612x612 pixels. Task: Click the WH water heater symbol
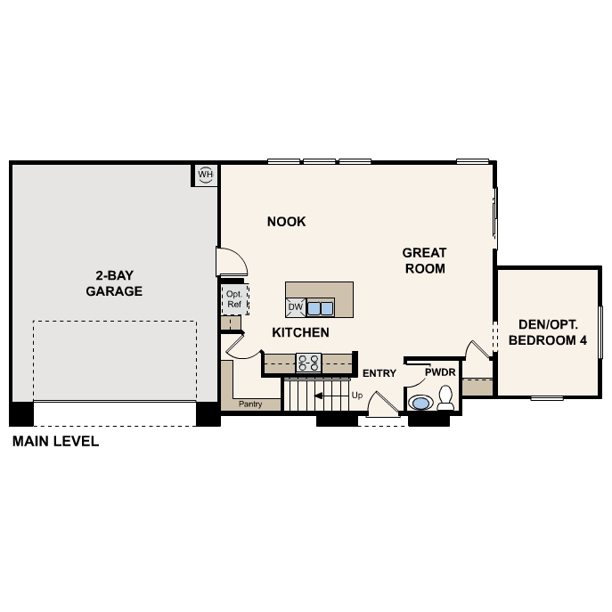point(206,174)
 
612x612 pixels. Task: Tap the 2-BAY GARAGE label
point(114,283)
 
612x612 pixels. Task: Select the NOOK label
point(286,222)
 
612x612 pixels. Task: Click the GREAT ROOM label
point(424,260)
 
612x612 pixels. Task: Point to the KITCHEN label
point(300,332)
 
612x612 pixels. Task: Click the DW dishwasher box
point(296,308)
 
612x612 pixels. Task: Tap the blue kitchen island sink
point(321,308)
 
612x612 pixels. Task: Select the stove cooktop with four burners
point(308,363)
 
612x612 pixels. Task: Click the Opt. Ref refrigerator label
point(234,299)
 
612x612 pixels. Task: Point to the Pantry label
point(250,404)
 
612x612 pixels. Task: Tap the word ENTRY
point(379,373)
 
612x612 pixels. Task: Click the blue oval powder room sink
point(420,403)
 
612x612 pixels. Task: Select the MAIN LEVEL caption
point(55,441)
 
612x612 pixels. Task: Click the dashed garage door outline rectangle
point(114,361)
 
